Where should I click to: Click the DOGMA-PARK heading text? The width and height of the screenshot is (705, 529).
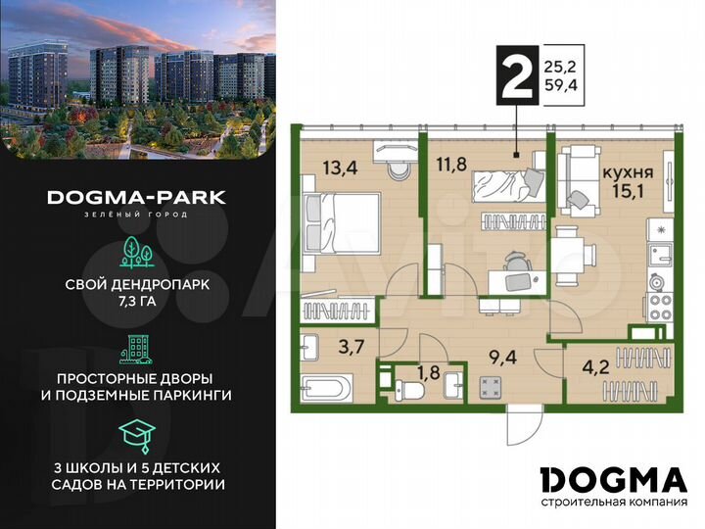click(137, 197)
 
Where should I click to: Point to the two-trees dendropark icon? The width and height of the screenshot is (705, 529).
click(137, 253)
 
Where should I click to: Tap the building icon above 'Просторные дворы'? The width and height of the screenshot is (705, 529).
click(137, 348)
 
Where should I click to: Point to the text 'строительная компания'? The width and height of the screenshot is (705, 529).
click(613, 503)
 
